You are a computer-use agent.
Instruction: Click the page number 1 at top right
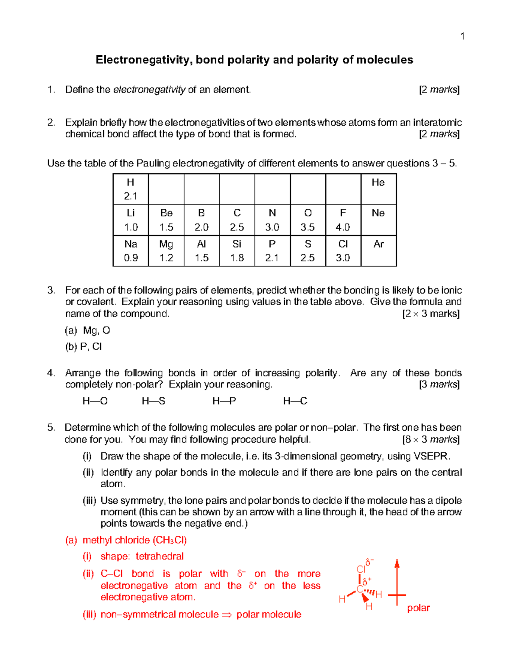coord(462,36)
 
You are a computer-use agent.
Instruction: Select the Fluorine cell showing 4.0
coord(343,220)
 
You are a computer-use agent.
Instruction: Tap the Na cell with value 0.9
coord(131,251)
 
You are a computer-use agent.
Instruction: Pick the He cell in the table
coord(378,189)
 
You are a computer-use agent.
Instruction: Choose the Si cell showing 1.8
coord(237,251)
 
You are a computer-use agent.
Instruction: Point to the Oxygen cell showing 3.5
coord(308,220)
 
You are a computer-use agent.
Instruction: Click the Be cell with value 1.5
coord(166,220)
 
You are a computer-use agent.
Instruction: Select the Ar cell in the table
coord(378,251)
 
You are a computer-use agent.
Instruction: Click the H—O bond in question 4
coord(95,401)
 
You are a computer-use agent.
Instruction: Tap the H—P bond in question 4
coord(224,401)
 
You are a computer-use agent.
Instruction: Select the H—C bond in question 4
coord(295,401)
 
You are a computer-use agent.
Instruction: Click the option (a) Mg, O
coord(87,331)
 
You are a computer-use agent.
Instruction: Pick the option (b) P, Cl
coord(83,347)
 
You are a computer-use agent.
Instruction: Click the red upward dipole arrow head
coord(397,563)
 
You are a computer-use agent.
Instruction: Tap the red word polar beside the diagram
coord(418,608)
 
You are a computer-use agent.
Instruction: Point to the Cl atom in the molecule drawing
coord(361,569)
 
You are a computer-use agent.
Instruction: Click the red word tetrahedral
coord(159,556)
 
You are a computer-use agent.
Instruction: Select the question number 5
coord(51,428)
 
